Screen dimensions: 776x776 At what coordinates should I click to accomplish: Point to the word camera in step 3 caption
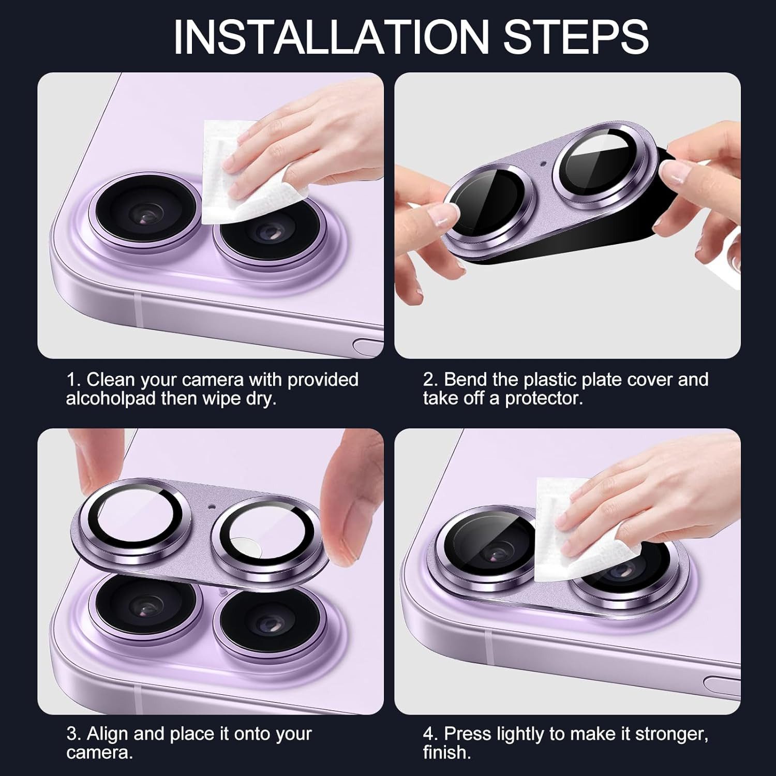pyautogui.click(x=99, y=753)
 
